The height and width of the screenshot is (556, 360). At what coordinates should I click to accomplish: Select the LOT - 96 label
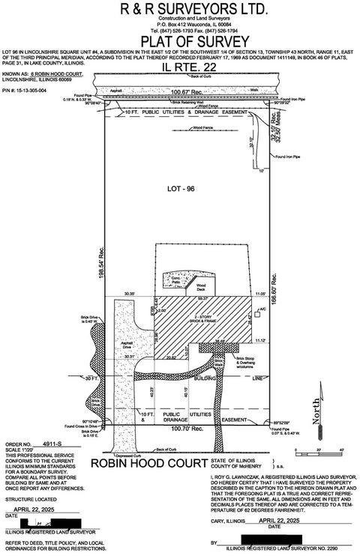coord(184,191)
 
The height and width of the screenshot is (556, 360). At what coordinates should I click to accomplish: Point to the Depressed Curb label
coord(118,454)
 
